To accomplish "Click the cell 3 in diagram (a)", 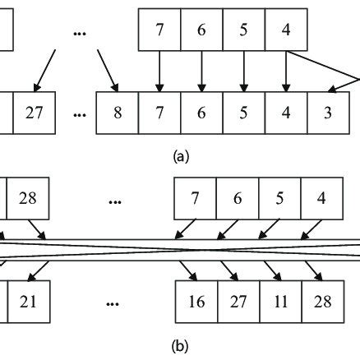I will (x=329, y=113).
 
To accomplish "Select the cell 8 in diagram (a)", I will (x=118, y=113).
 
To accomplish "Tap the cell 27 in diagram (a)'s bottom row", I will (x=35, y=113).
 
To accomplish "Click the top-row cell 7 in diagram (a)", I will (x=159, y=30).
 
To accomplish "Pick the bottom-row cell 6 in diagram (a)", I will (x=202, y=113).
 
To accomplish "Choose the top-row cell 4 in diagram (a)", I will (x=286, y=30).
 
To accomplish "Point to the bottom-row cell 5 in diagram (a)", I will (x=244, y=113).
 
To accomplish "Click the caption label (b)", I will (x=180, y=347).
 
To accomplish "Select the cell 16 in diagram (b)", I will (x=196, y=302).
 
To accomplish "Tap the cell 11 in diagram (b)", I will (x=279, y=302).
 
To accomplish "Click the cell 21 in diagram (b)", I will (x=29, y=302).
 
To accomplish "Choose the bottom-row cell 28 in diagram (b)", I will (x=321, y=302).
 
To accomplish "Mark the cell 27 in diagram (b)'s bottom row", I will (x=238, y=302).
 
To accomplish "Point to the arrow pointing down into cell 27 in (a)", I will (x=44, y=70).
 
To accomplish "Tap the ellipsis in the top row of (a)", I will (x=80, y=33).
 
